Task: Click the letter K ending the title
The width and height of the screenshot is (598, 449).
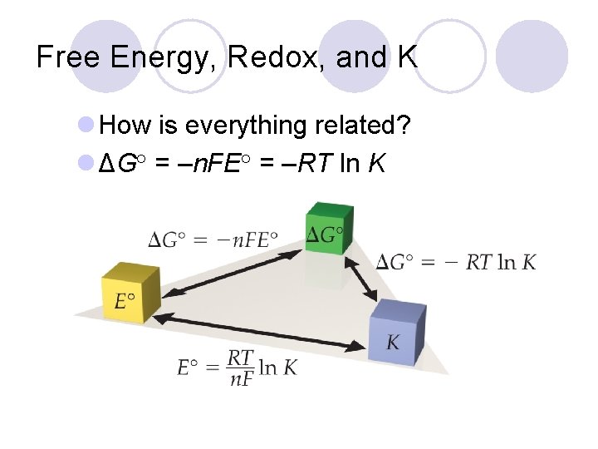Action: pos(407,58)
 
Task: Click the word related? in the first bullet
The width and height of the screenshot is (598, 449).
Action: pos(365,126)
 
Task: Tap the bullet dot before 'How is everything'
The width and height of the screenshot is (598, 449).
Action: pos(85,126)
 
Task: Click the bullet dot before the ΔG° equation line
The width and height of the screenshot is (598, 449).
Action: pos(85,164)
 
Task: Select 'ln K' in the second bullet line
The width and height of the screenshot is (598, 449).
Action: pos(361,164)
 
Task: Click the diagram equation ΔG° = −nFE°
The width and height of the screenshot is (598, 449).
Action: pos(213,241)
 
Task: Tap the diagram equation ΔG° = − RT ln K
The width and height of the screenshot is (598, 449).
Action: pos(456,263)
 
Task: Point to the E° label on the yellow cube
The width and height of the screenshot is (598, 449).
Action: pos(125,299)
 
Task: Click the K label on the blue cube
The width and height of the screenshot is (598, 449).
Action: pos(393,343)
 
